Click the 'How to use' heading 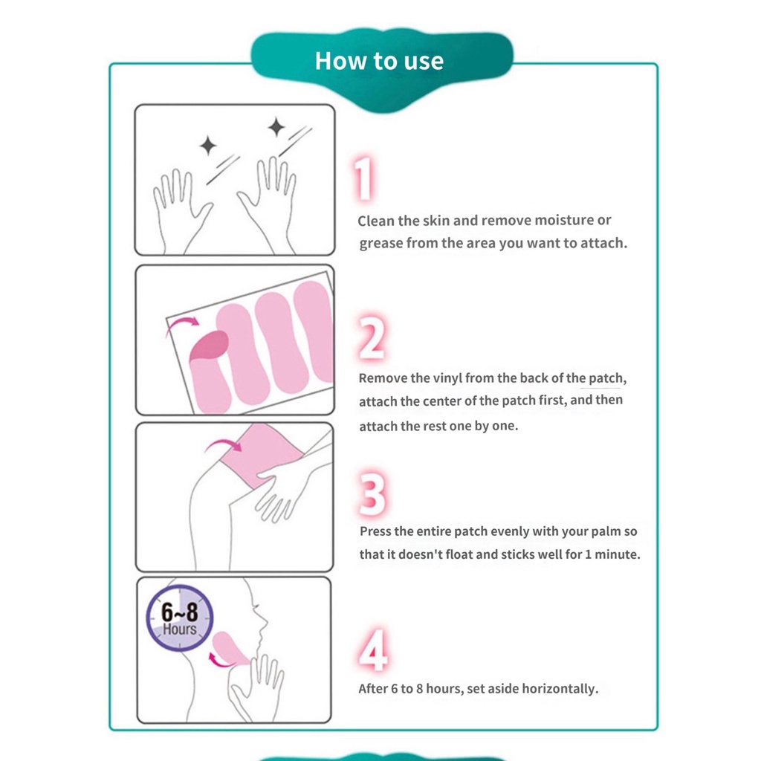pos(379,61)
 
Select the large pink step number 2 pos(372,337)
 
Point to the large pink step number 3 pos(373,494)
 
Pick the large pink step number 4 pos(373,650)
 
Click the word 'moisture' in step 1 pos(564,220)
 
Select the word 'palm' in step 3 pos(605,531)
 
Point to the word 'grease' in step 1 pos(381,243)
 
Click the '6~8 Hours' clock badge pos(180,618)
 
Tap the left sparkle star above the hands pos(208,145)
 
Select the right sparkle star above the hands pos(276,127)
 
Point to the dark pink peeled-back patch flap pos(210,346)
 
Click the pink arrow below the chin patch pos(219,661)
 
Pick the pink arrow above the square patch pos(223,444)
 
